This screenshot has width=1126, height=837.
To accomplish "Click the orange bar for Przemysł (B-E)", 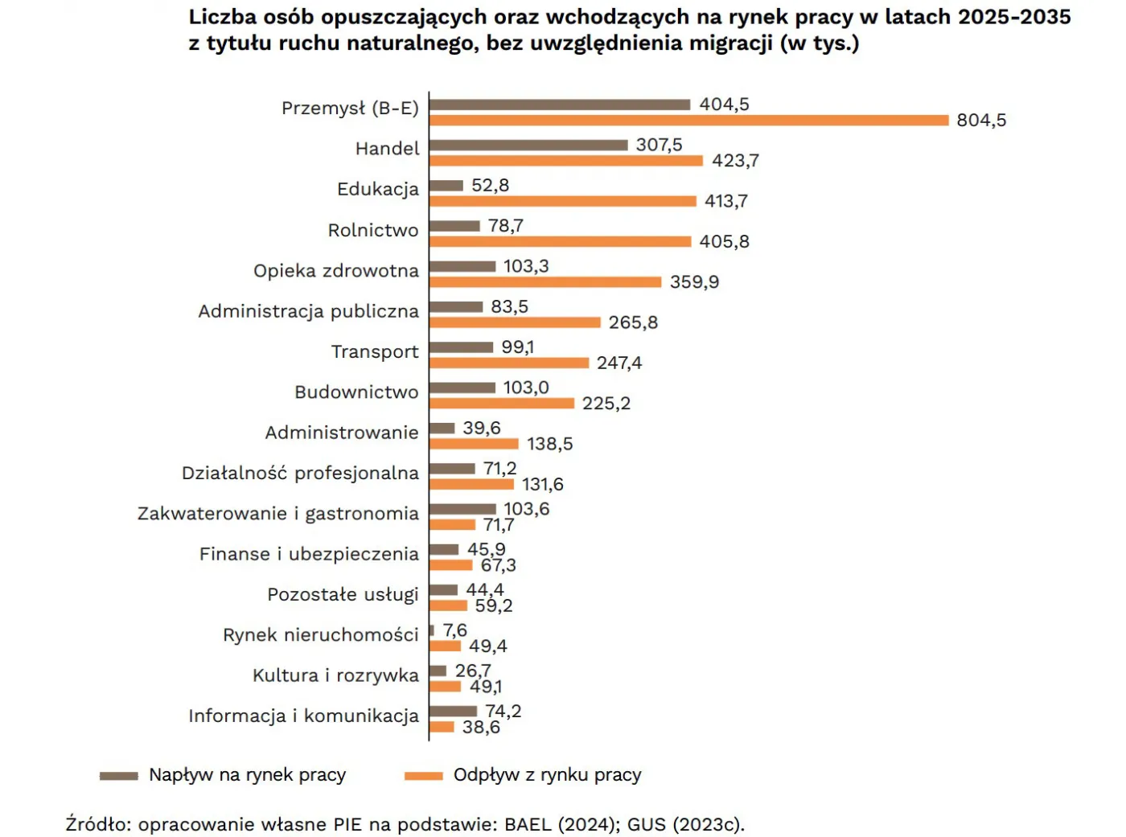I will [688, 121].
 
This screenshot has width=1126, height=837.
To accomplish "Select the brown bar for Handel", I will [528, 145].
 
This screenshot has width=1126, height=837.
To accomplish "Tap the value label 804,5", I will [981, 121].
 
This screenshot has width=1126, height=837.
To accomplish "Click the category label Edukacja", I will [378, 190].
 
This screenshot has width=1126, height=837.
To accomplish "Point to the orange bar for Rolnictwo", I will [560, 241].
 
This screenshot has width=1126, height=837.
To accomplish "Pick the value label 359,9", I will [694, 282].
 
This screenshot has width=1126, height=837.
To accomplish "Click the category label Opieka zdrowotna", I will [336, 271].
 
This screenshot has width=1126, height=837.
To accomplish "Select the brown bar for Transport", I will [461, 347].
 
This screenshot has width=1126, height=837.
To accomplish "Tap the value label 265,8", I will [633, 322].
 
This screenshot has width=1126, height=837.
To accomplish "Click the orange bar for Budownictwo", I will [502, 403].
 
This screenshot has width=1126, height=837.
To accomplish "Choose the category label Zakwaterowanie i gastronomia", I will [278, 514].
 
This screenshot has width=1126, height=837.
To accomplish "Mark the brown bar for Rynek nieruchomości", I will [432, 630].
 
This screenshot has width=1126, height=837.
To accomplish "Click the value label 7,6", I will [454, 630].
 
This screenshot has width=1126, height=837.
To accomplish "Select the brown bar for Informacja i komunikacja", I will [454, 711].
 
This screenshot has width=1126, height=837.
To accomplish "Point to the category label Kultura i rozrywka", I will [335, 675].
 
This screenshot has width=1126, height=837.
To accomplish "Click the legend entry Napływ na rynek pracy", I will [247, 775].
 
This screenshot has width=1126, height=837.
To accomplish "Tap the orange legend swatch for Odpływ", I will [424, 776].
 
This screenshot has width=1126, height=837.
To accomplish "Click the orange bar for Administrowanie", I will [474, 444].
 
